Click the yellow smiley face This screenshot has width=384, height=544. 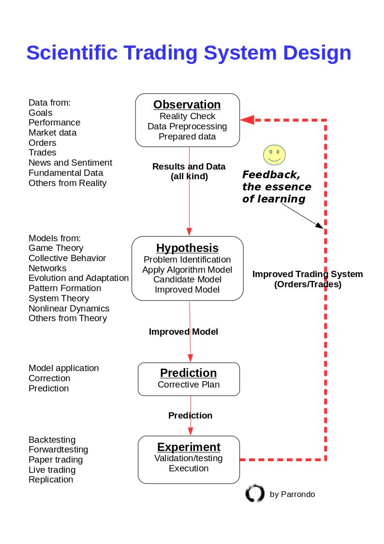tap(274, 155)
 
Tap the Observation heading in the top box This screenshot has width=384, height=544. tap(187, 105)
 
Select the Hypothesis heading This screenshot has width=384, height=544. tap(187, 248)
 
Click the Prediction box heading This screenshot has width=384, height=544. tap(188, 373)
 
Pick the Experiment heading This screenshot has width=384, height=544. tap(189, 447)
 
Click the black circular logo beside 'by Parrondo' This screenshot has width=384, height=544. tap(255, 493)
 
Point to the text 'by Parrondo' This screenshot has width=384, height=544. tap(292, 494)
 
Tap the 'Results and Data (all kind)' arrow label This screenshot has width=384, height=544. tap(189, 171)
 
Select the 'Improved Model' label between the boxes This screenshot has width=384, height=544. tap(183, 332)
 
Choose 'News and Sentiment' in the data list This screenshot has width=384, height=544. tap(70, 163)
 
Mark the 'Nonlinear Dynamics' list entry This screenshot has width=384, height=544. tap(69, 309)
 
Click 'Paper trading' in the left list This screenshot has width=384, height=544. tap(56, 460)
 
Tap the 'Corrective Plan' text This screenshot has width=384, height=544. tap(189, 385)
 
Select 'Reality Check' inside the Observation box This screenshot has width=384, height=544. tap(187, 116)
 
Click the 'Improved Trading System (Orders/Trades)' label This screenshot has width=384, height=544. tap(308, 279)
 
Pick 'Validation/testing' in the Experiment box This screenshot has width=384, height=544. tap(189, 458)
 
